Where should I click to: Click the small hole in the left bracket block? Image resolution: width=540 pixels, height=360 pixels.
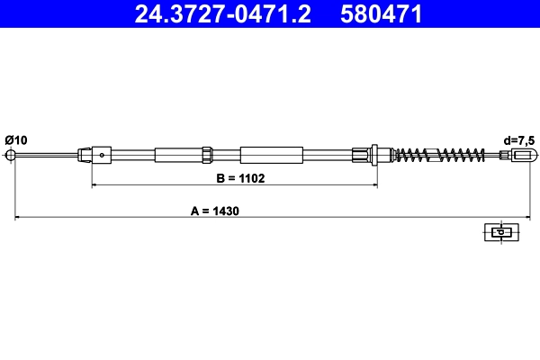[103, 155]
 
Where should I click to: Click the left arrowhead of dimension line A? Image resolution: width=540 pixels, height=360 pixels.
[15, 218]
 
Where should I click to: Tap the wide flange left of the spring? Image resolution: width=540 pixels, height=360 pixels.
[375, 155]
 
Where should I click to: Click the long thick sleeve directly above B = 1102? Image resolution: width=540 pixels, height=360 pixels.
[269, 155]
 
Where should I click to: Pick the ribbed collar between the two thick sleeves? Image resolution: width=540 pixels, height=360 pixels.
[207, 155]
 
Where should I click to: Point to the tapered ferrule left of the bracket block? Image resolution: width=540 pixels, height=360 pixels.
[85, 155]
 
